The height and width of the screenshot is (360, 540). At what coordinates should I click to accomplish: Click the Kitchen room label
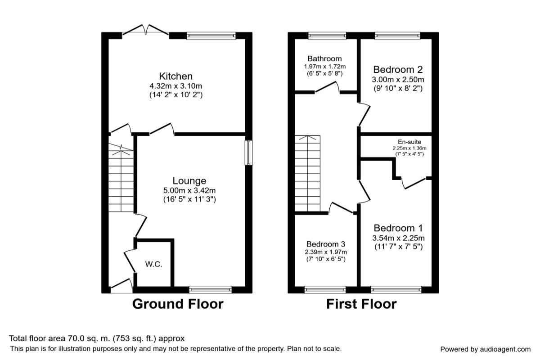click(x=175, y=76)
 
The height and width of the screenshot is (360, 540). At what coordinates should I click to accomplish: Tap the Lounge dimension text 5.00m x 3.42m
click(x=189, y=190)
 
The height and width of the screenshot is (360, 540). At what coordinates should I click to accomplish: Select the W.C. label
click(x=154, y=265)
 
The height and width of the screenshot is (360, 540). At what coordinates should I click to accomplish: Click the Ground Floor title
click(x=178, y=304)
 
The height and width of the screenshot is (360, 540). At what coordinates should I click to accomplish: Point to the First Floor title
click(x=361, y=304)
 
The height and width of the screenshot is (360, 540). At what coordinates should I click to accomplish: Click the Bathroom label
click(x=324, y=58)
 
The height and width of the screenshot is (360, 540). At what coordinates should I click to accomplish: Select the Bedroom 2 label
click(x=398, y=70)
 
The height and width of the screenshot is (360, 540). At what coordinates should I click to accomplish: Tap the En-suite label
click(x=409, y=142)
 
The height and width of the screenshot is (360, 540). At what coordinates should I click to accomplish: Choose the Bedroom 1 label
click(x=398, y=228)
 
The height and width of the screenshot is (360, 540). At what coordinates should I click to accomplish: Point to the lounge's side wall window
click(x=248, y=153)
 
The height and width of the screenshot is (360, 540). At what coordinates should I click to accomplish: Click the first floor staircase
click(x=307, y=173)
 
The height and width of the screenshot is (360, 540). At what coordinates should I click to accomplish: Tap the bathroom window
click(x=327, y=35)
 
